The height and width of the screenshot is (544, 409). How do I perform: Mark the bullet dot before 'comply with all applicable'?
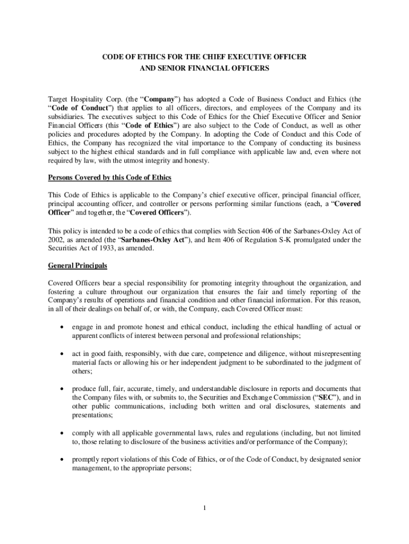pyautogui.click(x=64, y=434)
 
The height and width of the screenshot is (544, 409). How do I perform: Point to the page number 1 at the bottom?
pyautogui.click(x=204, y=508)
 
